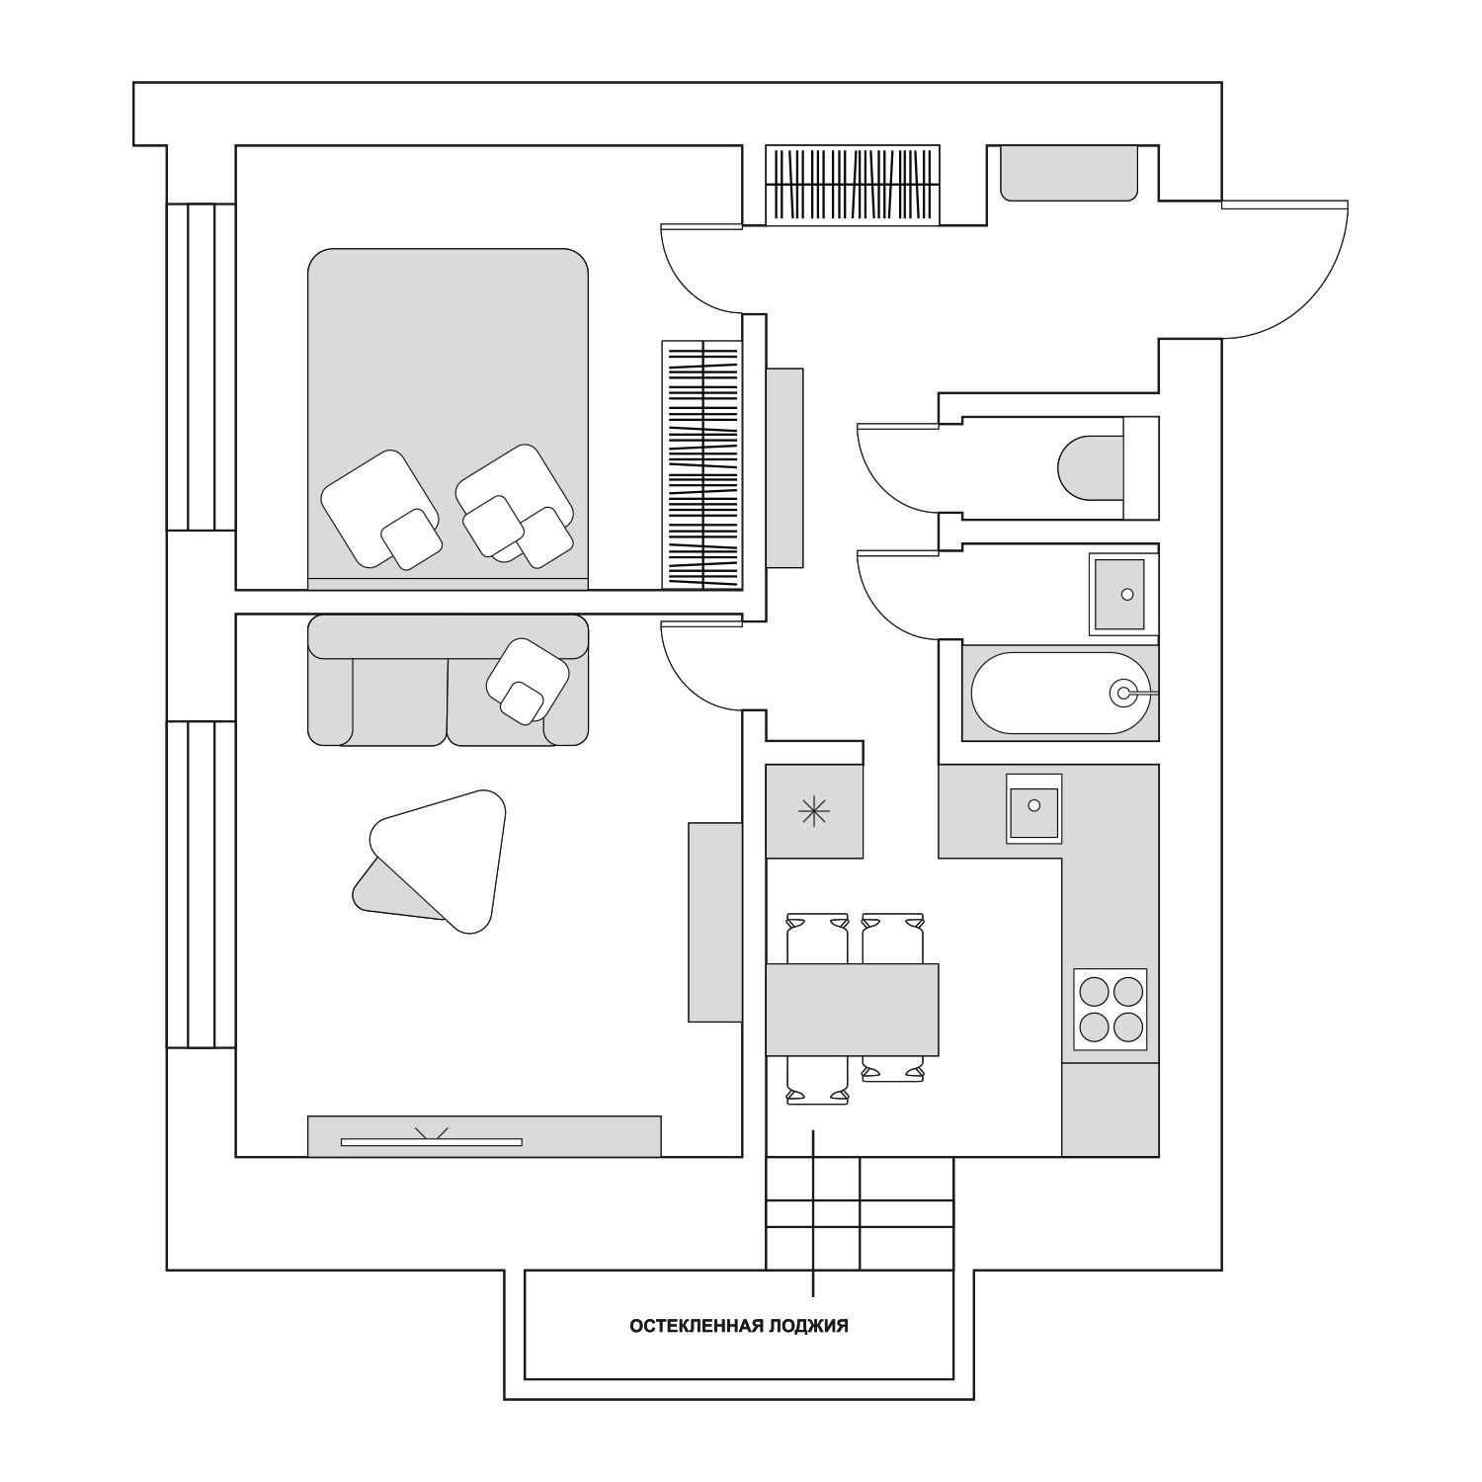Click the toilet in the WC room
click(1092, 467)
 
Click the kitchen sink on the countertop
click(1033, 808)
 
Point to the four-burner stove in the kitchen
click(1111, 1009)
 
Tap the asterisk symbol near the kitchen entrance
click(813, 812)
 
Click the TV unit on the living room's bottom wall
click(483, 1136)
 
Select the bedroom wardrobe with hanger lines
click(701, 464)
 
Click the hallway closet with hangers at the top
click(853, 186)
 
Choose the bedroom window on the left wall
click(201, 367)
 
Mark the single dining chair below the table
click(817, 1080)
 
